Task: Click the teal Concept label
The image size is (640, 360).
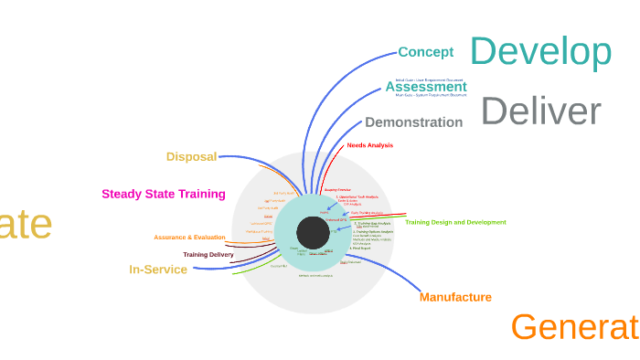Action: [426, 52]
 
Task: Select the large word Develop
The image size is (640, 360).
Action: [540, 52]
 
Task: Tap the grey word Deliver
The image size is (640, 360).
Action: [540, 111]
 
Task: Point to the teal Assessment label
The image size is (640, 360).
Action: [425, 88]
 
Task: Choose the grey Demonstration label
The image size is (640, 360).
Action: [413, 122]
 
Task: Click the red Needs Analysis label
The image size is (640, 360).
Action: [369, 145]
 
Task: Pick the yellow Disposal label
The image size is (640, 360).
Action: [191, 156]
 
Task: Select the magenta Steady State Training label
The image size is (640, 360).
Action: [164, 194]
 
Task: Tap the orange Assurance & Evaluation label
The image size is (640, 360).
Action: [189, 238]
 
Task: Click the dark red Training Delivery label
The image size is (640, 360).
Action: [208, 255]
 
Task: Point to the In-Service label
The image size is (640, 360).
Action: [158, 270]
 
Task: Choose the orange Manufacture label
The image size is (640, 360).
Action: [455, 297]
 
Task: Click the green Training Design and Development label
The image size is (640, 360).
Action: [455, 222]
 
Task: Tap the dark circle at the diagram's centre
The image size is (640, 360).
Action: [313, 233]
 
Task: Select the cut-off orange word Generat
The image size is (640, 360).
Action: [574, 327]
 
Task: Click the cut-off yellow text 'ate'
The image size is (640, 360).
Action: [26, 225]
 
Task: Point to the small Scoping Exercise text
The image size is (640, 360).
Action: [337, 189]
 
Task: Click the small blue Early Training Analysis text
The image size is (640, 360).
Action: [367, 213]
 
